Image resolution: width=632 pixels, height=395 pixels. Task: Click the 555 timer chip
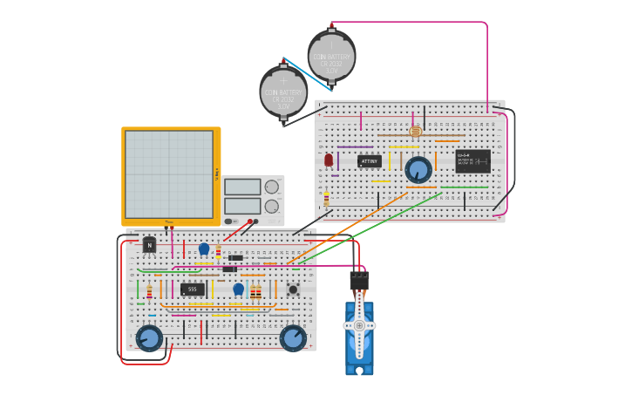tap(193, 289)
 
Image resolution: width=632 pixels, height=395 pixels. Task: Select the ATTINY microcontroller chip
tap(370, 161)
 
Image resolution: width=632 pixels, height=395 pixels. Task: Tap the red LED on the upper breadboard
tap(329, 160)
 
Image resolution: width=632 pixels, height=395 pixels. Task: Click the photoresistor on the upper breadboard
tap(415, 132)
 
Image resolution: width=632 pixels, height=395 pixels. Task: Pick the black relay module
tap(472, 161)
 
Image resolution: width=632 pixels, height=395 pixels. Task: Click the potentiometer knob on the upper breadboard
tap(418, 169)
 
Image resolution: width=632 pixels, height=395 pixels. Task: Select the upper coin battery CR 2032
tap(331, 56)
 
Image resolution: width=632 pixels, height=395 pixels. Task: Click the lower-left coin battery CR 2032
tap(283, 91)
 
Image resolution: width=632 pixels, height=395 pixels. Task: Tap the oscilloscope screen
tap(169, 174)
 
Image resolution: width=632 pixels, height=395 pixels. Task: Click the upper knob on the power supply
tap(272, 187)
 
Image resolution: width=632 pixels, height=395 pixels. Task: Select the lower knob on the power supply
tap(272, 206)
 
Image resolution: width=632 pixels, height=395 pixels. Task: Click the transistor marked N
tap(149, 246)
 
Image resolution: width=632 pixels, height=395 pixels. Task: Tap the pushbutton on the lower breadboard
tap(293, 289)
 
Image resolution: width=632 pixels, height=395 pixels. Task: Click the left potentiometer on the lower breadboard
tap(149, 337)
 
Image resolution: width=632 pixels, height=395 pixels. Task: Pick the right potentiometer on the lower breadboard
tap(293, 337)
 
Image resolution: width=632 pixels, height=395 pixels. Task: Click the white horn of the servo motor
tap(359, 325)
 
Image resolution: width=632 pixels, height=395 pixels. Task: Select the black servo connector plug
tap(359, 280)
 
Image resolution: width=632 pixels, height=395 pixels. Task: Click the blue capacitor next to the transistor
tap(204, 249)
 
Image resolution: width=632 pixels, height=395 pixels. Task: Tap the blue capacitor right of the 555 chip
tap(238, 289)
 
